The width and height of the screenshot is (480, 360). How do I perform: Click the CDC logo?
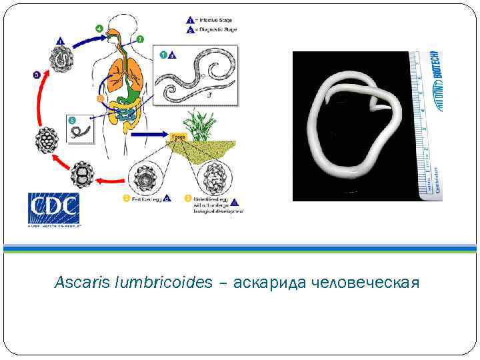pos(53,208)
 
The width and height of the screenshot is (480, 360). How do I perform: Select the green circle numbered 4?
pos(99,28)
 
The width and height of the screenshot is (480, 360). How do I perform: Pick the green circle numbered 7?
pos(140,39)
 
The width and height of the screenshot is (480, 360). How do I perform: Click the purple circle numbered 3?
pos(37,74)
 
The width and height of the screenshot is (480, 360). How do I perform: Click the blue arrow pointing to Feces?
pos(149,135)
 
